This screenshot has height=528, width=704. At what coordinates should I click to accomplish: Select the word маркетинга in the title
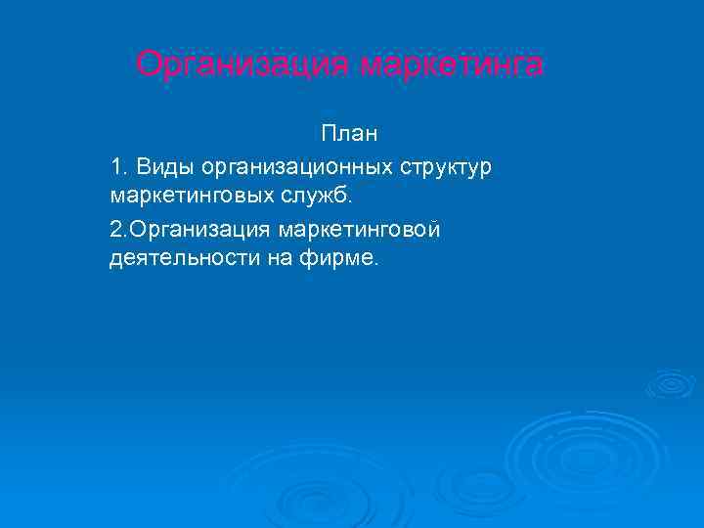click(451, 65)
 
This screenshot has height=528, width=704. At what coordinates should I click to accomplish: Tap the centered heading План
click(349, 132)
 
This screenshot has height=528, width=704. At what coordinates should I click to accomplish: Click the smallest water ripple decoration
click(670, 383)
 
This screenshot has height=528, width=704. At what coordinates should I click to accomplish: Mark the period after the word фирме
click(373, 263)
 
